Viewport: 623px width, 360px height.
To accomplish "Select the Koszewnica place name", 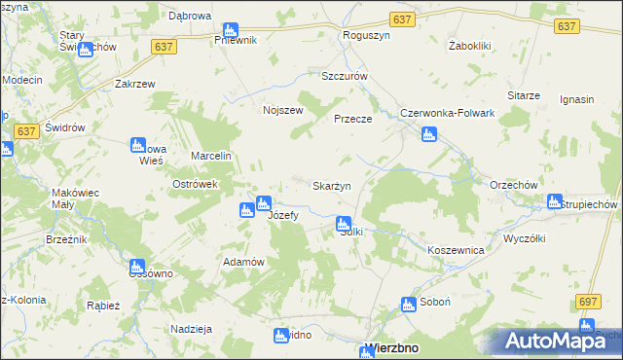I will (x=456, y=250).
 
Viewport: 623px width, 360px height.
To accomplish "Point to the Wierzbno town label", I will (x=397, y=348).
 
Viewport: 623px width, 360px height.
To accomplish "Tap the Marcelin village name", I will (x=210, y=156).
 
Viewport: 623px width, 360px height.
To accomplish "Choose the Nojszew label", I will (x=283, y=110).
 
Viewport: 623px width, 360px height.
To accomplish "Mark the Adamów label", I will (x=244, y=263).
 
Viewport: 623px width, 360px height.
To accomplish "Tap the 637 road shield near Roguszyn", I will (x=402, y=19).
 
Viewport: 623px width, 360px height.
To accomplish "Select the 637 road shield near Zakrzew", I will (x=164, y=46).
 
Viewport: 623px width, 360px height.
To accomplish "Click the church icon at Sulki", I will (x=344, y=224).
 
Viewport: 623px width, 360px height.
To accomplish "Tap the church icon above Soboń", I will (x=409, y=305).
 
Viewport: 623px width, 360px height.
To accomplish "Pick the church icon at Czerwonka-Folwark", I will (x=428, y=133).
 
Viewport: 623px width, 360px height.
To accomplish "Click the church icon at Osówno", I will (x=137, y=266).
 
